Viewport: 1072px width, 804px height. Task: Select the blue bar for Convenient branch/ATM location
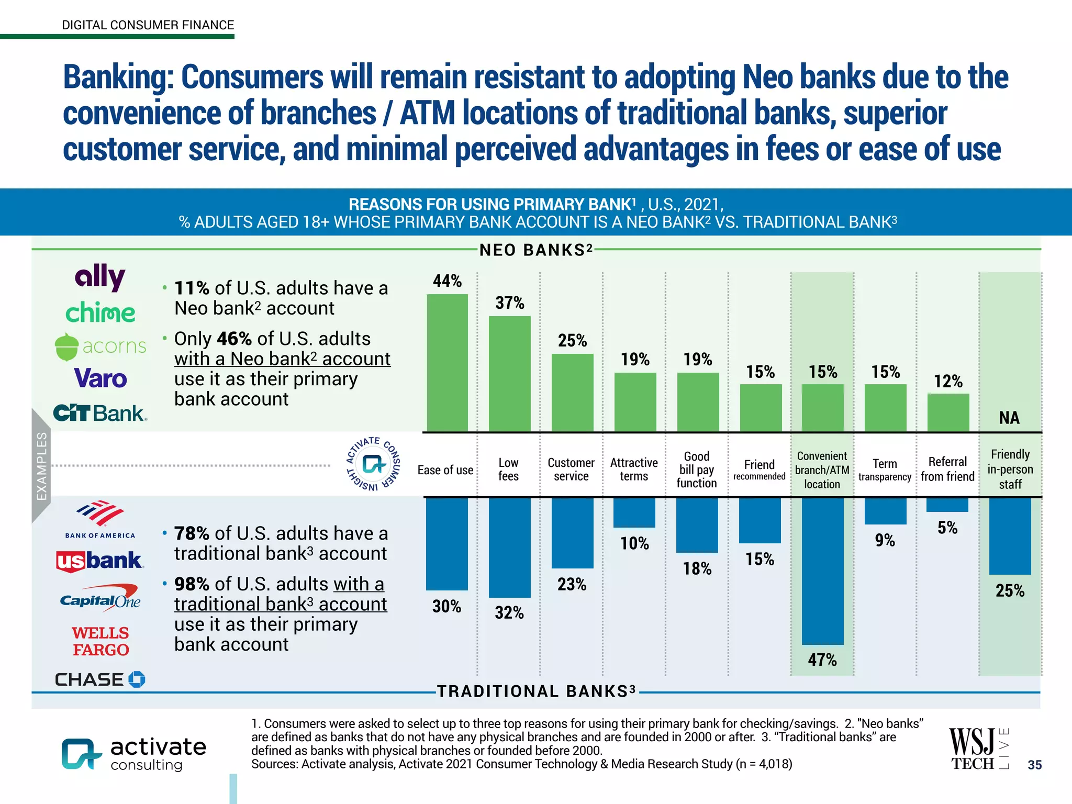[x=822, y=571]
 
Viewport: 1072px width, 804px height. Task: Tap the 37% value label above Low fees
[x=509, y=303]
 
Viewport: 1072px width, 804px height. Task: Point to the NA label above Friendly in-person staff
[x=1009, y=418]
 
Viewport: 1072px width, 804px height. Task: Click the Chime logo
[x=100, y=312]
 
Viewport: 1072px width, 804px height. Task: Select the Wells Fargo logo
[x=100, y=641]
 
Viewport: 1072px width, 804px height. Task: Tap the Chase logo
[x=100, y=679]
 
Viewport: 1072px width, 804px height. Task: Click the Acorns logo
[x=100, y=347]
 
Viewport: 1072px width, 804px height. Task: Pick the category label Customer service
[x=571, y=470]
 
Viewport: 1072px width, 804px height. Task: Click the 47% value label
[x=822, y=660]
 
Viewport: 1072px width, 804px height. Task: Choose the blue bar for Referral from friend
[x=947, y=505]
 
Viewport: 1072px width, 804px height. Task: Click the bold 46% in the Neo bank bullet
[x=234, y=339]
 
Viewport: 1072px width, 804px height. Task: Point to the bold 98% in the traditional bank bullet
[x=192, y=584]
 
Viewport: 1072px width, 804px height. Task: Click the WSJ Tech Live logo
[x=978, y=749]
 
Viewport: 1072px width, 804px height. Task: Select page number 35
[x=1034, y=765]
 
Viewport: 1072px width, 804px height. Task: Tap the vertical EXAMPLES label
[x=41, y=465]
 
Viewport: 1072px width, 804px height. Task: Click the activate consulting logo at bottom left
[x=134, y=754]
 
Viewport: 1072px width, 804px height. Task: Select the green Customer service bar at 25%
[x=572, y=393]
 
